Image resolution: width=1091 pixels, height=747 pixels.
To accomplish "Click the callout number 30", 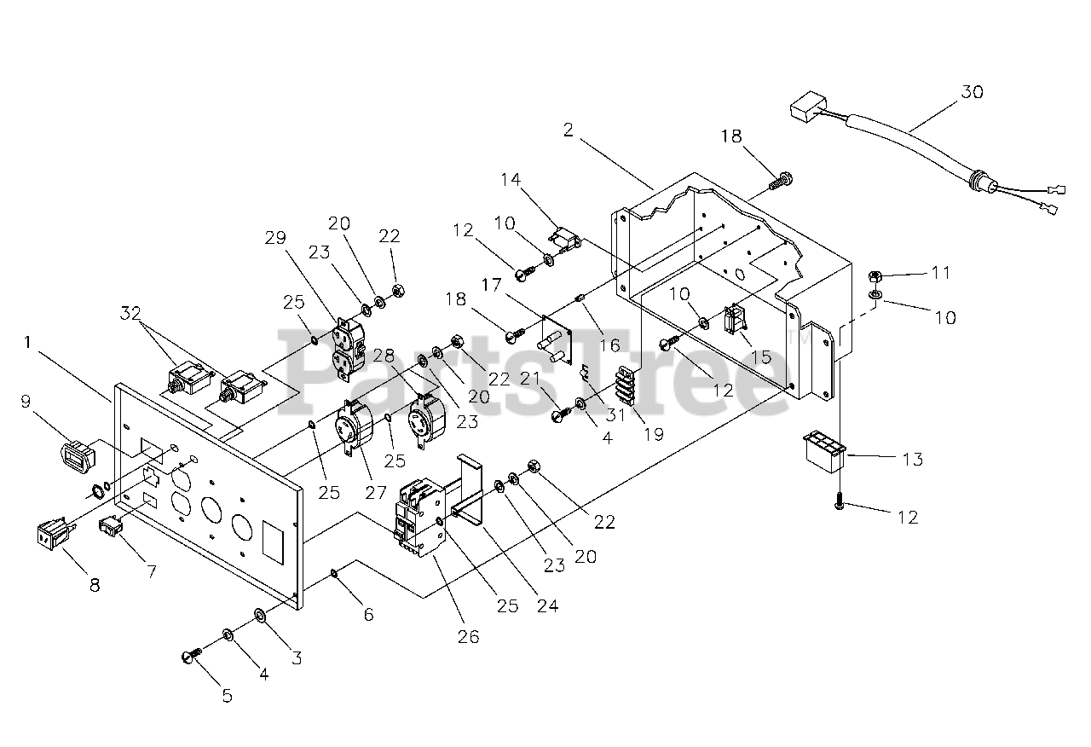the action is pyautogui.click(x=972, y=91).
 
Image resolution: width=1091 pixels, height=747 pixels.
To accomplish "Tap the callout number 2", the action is pyautogui.click(x=569, y=130).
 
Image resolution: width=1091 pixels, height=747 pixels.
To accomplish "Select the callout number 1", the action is pyautogui.click(x=28, y=342).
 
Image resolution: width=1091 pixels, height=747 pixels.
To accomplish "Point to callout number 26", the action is pyautogui.click(x=469, y=636).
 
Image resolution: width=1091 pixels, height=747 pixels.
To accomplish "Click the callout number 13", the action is pyautogui.click(x=913, y=459).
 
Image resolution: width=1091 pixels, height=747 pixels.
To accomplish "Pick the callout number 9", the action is pyautogui.click(x=26, y=402).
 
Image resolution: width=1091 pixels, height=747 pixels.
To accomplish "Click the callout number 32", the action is pyautogui.click(x=130, y=313).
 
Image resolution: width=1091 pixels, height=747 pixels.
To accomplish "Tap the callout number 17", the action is pyautogui.click(x=492, y=285).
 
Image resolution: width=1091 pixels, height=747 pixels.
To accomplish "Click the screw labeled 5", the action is pyautogui.click(x=192, y=655).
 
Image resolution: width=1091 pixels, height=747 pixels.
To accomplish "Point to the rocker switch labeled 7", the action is pyautogui.click(x=111, y=528).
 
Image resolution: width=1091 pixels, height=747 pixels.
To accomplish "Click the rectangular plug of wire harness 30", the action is pyautogui.click(x=808, y=107).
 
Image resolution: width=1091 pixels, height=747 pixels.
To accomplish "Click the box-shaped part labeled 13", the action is pyautogui.click(x=823, y=452).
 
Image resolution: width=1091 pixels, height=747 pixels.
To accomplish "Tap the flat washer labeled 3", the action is pyautogui.click(x=260, y=616).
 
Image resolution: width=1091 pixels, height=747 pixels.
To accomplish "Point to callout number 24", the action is pyautogui.click(x=547, y=605).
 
